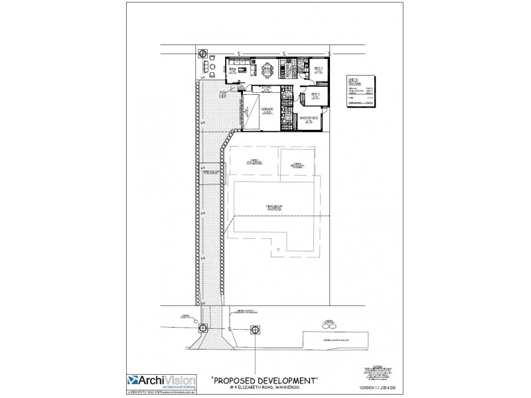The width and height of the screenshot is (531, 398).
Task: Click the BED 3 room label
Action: pyautogui.click(x=318, y=68)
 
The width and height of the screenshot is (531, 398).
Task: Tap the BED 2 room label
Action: pyautogui.click(x=316, y=95)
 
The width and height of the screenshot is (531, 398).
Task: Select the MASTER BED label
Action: pyautogui.click(x=309, y=118)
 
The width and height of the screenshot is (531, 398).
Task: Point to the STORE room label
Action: pyautogui.click(x=266, y=88)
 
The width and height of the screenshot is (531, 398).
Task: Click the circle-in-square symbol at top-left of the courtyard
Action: pyautogui.click(x=202, y=53)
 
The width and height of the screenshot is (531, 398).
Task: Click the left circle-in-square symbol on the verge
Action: pyautogui.click(x=203, y=329)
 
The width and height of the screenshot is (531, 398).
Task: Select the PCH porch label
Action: pyautogui.click(x=223, y=95)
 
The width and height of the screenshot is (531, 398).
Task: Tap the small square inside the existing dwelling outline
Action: pyautogui.click(x=279, y=249)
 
